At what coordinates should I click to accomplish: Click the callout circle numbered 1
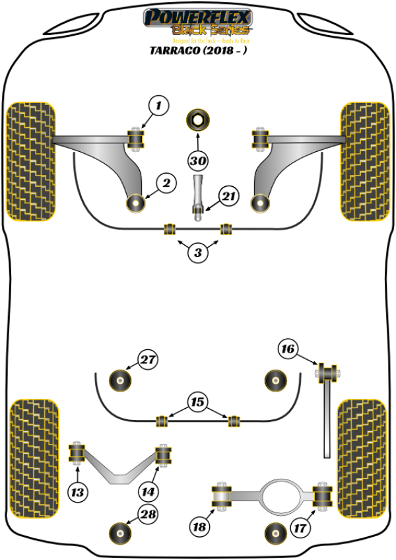point(158,104)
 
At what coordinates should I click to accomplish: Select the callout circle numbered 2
point(166,183)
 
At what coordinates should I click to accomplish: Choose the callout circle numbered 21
point(228,196)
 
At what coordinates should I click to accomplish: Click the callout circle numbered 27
point(148,360)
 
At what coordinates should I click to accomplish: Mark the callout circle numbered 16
point(288,349)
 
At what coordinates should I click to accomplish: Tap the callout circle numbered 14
point(149,491)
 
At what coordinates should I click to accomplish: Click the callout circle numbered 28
point(148,514)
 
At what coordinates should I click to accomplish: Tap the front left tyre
point(31,160)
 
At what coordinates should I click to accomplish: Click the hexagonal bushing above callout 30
point(197,120)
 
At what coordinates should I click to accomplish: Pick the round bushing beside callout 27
point(121,379)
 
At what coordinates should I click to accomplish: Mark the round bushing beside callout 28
point(121,531)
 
